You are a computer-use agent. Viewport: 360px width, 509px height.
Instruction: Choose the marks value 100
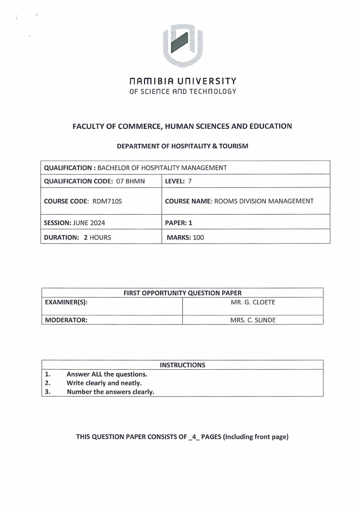tap(198, 237)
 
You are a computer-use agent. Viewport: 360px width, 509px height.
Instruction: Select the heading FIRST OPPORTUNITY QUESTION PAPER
tap(182, 293)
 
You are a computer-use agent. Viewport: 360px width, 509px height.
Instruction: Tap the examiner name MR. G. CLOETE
tap(253, 302)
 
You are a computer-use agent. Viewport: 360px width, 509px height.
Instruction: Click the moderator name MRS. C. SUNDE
tap(253, 320)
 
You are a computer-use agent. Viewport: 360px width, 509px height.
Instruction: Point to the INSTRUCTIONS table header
tap(182, 365)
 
